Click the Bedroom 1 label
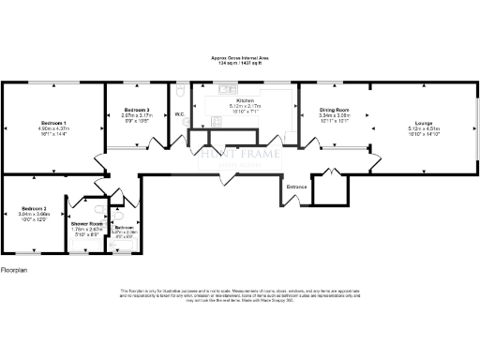click(52, 123)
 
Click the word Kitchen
click(246, 100)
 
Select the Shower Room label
click(86, 224)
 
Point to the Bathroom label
click(124, 228)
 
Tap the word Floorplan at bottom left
click(14, 269)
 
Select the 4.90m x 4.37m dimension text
click(52, 128)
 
